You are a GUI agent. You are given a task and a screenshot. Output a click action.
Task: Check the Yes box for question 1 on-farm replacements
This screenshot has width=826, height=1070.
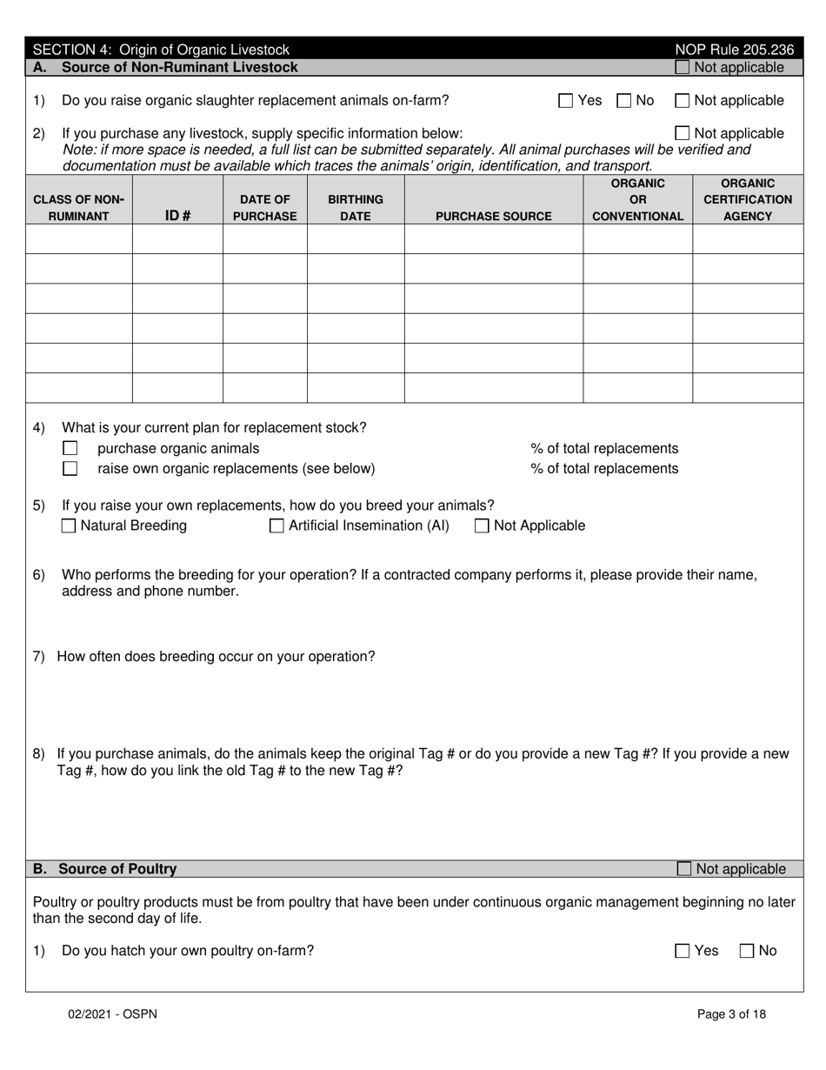tap(566, 101)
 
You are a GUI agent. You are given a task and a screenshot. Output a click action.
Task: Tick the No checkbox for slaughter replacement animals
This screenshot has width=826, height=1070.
tap(624, 101)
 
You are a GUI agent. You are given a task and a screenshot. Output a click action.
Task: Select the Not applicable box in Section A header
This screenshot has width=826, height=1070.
tap(683, 68)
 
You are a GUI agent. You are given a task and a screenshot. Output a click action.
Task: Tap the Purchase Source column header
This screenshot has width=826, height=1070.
tap(493, 216)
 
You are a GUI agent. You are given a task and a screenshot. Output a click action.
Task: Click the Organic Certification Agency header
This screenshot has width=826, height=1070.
tap(748, 199)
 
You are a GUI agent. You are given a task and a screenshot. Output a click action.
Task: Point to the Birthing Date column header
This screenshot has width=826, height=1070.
tap(355, 208)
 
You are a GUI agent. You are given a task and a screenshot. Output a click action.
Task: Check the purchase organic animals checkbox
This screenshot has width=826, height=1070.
tap(70, 449)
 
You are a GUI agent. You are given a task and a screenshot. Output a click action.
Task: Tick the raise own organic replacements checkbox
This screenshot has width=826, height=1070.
tap(70, 469)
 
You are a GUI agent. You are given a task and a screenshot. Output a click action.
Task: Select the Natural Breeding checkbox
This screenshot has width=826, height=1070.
tap(70, 526)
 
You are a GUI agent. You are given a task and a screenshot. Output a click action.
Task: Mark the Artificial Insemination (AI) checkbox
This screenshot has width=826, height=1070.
tap(277, 526)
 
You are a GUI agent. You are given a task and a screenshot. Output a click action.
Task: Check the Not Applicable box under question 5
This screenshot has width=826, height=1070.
tap(482, 526)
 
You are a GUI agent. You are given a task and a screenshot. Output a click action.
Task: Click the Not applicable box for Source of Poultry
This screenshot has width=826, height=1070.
tap(684, 869)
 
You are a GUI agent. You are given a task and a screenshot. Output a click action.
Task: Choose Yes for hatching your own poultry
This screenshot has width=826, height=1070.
tap(683, 952)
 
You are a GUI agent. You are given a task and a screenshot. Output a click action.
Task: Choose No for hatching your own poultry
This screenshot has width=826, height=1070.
tap(747, 952)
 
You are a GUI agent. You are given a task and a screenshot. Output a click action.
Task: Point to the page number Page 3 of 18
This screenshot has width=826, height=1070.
tap(731, 1013)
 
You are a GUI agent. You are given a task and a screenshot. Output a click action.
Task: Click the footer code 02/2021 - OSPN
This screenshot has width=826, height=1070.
tap(114, 1013)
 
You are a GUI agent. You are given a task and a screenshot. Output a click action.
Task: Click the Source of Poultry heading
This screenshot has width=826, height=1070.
tap(117, 869)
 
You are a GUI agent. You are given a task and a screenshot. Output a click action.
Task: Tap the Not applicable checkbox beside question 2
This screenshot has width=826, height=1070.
tap(683, 134)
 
